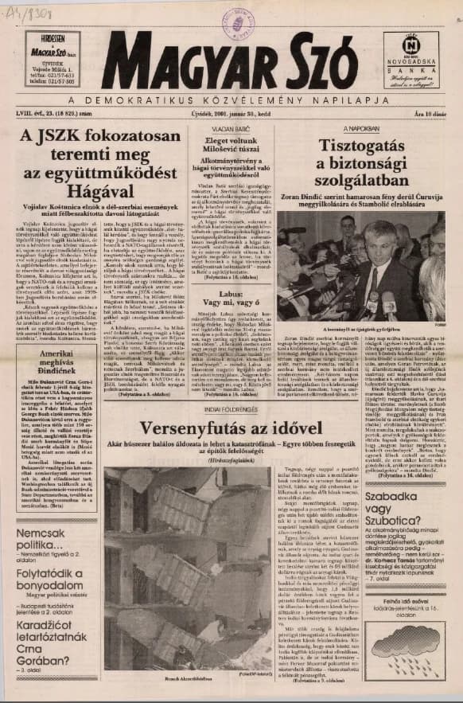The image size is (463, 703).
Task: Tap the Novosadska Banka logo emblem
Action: tap(411, 44)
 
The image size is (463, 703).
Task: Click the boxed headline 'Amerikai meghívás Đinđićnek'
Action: tap(50, 350)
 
